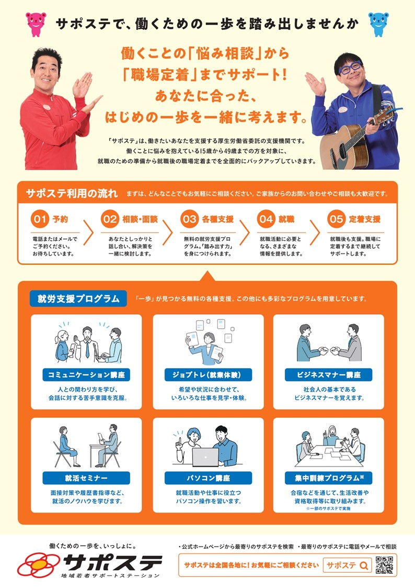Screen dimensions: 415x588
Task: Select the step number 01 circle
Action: pyautogui.click(x=40, y=219)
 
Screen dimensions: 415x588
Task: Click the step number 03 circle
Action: pyautogui.click(x=189, y=219)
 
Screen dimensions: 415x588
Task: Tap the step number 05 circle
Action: pyautogui.click(x=336, y=219)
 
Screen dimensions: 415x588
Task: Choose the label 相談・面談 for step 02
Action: pyautogui.click(x=140, y=219)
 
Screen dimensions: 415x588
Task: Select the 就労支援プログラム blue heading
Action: pyautogui.click(x=78, y=298)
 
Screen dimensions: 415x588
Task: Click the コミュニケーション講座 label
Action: pyautogui.click(x=86, y=374)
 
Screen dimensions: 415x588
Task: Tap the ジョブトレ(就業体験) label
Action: pyautogui.click(x=208, y=374)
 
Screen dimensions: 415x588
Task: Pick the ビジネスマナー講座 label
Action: pyautogui.click(x=329, y=374)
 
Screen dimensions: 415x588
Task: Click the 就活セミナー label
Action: pyautogui.click(x=86, y=478)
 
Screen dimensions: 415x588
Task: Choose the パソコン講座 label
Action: pyautogui.click(x=208, y=478)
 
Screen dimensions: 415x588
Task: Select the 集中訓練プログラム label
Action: pyautogui.click(x=329, y=478)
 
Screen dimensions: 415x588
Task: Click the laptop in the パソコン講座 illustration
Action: pyautogui.click(x=205, y=457)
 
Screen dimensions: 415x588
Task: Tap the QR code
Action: pyautogui.click(x=384, y=565)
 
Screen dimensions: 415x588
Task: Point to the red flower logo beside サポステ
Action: pyautogui.click(x=39, y=565)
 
